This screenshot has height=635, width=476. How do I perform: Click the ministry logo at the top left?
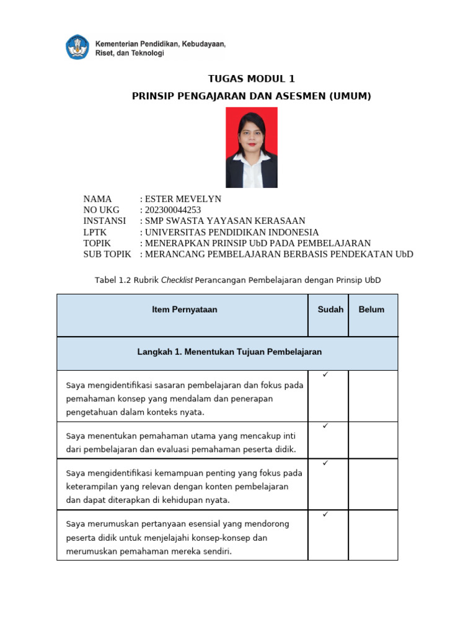coord(77,48)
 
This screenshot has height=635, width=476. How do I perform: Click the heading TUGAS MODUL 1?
coord(251,79)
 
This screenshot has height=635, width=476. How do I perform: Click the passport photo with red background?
coord(251,148)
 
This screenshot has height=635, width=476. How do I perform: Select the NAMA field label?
coord(97,199)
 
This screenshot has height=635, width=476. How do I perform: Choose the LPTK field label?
coord(96,233)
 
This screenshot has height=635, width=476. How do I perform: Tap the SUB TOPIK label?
coord(107,254)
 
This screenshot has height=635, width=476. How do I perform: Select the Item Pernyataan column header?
coord(185,309)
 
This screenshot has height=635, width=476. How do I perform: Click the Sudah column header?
coord(330,309)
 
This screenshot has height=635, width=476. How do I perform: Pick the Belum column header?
coord(371,309)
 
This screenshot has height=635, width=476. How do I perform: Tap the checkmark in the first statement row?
coord(325,375)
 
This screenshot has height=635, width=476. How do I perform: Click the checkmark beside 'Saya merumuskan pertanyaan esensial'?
coord(325,515)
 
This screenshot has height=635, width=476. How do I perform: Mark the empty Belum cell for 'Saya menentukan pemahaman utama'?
coord(372,440)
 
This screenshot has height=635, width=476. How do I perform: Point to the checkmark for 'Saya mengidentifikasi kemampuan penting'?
coord(325,463)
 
